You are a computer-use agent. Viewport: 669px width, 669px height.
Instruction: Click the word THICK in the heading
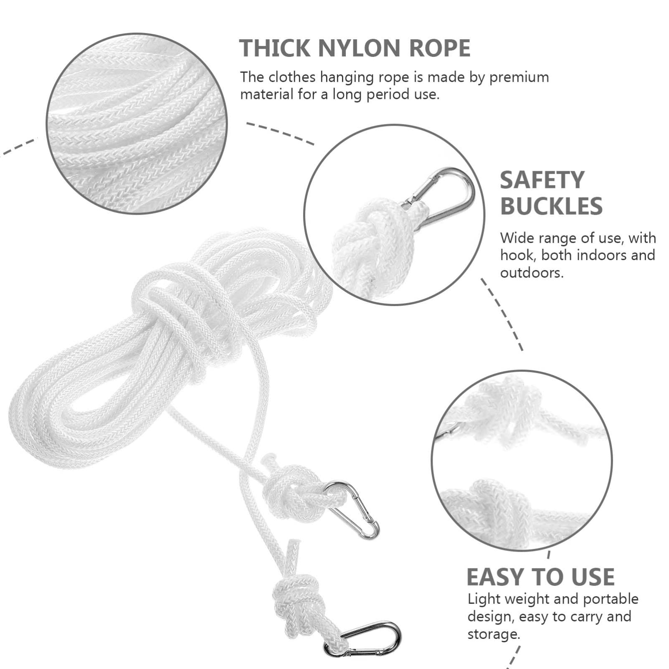275,48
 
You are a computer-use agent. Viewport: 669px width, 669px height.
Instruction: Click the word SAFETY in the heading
542,180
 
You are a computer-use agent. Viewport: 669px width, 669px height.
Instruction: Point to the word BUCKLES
551,206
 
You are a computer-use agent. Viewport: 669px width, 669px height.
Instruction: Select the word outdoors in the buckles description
531,273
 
